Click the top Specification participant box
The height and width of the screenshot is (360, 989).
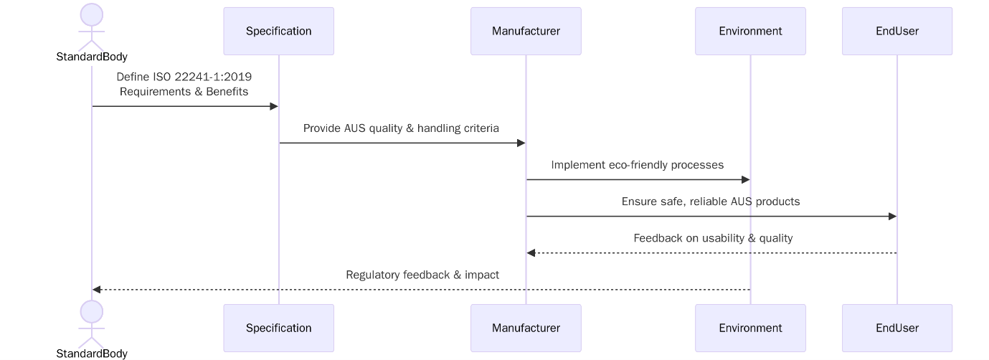pyautogui.click(x=278, y=31)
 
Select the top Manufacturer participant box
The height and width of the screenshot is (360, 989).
pyautogui.click(x=526, y=31)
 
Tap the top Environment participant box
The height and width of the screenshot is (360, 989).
pyautogui.click(x=750, y=31)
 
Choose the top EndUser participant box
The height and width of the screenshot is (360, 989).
pyautogui.click(x=896, y=31)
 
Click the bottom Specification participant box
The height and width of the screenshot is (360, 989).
pyautogui.click(x=278, y=328)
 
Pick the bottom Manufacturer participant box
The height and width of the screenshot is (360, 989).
pyautogui.click(x=526, y=328)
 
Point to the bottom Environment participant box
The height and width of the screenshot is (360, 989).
pyautogui.click(x=750, y=328)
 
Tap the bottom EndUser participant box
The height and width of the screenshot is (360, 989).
pyautogui.click(x=896, y=328)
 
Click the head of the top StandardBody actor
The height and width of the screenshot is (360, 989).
pyautogui.click(x=92, y=14)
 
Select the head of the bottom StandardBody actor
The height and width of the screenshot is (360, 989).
pyautogui.click(x=92, y=311)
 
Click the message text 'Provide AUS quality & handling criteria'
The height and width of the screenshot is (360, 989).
pyautogui.click(x=401, y=128)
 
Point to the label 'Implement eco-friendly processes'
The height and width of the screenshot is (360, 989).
pyautogui.click(x=637, y=165)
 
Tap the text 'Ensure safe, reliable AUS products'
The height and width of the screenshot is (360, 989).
pyautogui.click(x=710, y=202)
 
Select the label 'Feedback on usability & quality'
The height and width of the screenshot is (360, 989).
pyautogui.click(x=713, y=238)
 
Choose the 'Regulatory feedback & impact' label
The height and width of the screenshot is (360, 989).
pyautogui.click(x=422, y=275)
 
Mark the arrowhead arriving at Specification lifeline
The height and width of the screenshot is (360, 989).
pyautogui.click(x=273, y=106)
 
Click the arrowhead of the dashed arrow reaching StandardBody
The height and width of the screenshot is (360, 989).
pyautogui.click(x=97, y=290)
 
